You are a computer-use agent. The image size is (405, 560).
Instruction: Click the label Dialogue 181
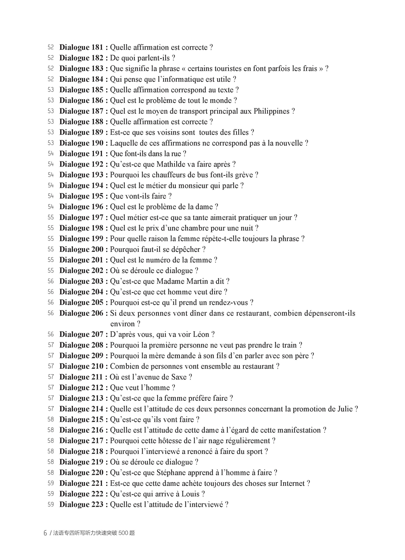tap(83, 47)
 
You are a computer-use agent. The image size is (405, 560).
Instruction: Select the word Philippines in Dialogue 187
tap(272, 111)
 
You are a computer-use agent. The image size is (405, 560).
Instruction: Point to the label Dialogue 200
tap(83, 249)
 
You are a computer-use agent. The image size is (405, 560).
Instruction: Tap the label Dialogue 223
tap(83, 505)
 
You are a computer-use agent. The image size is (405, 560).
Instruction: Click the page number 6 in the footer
tap(45, 533)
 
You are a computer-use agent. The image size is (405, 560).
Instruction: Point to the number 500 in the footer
tap(123, 533)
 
